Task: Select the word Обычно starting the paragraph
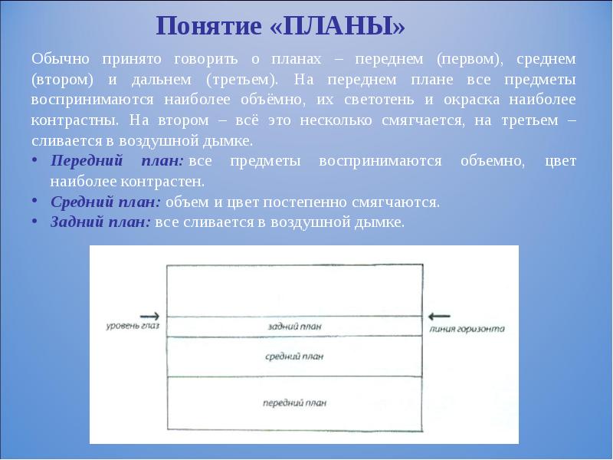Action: click(x=61, y=58)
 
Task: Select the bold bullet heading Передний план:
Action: click(x=116, y=161)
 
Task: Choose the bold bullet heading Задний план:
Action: click(x=101, y=222)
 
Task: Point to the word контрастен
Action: click(x=166, y=182)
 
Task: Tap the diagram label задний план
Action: click(x=294, y=327)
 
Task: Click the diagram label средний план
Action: click(x=294, y=356)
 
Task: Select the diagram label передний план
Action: click(x=294, y=402)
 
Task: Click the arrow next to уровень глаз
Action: click(x=151, y=315)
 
